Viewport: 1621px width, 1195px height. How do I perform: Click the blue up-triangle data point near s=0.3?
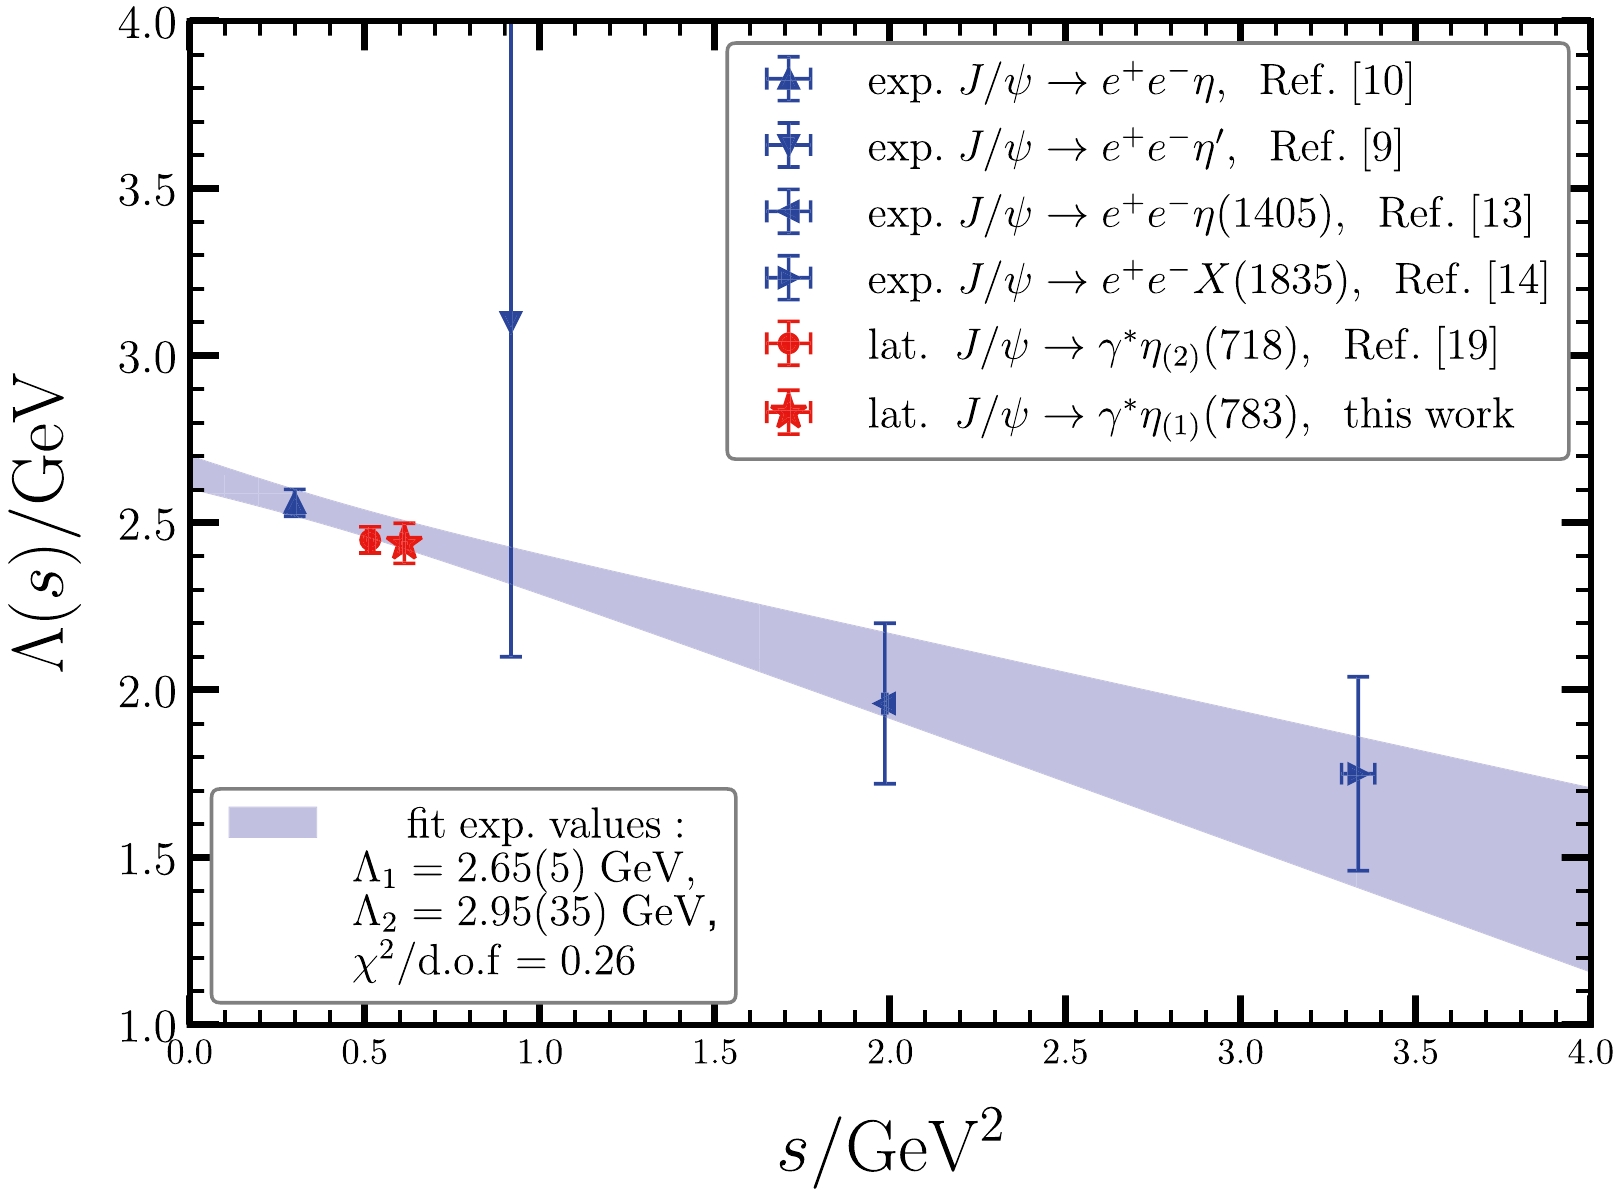294,505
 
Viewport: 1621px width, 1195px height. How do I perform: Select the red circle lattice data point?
370,540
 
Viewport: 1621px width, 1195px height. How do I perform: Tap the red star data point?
404,543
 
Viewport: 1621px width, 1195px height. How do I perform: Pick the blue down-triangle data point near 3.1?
510,321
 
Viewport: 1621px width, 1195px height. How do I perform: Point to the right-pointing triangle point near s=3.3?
1357,774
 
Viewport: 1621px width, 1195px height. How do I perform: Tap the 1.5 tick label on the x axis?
714,1053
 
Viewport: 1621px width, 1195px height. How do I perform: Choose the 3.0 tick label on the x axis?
1240,1053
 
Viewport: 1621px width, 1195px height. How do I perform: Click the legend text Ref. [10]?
1336,80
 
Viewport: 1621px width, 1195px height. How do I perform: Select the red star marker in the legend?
789,411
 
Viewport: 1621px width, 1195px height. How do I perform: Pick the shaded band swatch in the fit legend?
272,822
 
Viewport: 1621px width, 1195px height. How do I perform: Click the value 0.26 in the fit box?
598,962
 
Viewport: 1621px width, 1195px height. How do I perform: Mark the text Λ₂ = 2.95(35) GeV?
534,914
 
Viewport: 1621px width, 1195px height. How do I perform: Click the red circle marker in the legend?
789,344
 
